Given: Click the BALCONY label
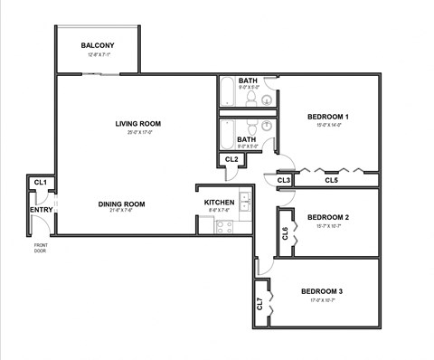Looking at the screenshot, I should (98, 45).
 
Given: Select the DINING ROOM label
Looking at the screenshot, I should (121, 204).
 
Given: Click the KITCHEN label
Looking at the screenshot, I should (219, 202).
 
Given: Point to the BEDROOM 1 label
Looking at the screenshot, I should (327, 116).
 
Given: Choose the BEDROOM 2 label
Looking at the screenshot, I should (327, 217).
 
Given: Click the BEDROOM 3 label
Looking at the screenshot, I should (327, 291).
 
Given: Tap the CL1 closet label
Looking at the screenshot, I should (40, 184).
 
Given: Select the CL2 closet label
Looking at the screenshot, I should (231, 159).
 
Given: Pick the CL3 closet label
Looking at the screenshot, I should (284, 180).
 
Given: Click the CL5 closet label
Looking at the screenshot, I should (331, 180).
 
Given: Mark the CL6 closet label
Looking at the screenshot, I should (285, 232).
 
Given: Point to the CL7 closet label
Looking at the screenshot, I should (259, 304).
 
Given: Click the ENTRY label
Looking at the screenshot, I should (41, 210).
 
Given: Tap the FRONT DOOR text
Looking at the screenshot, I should (41, 249).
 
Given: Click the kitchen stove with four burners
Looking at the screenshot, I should (224, 226).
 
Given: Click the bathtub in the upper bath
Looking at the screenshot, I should (227, 92).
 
